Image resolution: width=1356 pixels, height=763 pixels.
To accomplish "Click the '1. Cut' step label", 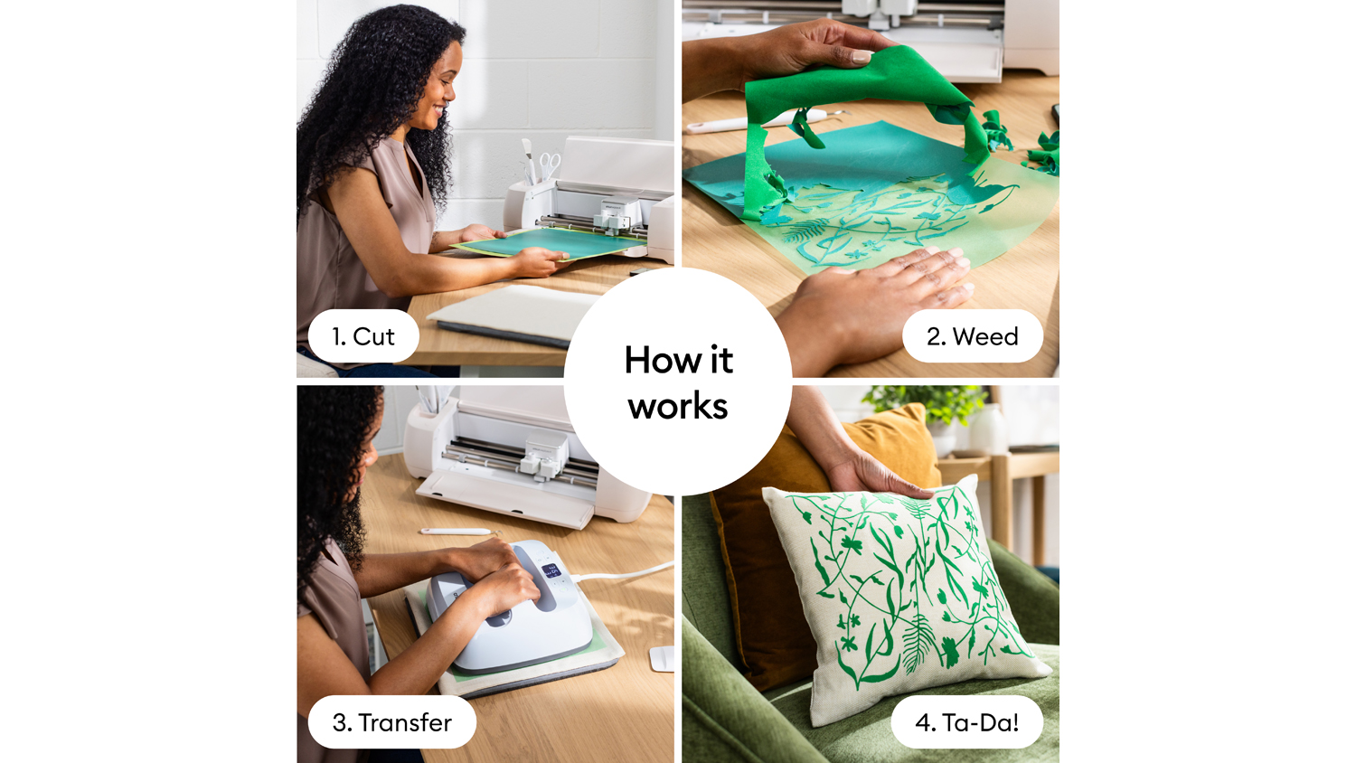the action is coord(363,336).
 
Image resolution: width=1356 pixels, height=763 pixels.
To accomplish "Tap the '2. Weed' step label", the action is coord(972,336).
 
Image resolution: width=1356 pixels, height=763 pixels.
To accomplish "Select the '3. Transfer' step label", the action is coord(391,721).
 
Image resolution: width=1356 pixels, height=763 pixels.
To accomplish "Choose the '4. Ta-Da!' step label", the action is coord(966,721).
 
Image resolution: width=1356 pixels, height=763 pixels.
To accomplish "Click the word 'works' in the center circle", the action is coord(678,406).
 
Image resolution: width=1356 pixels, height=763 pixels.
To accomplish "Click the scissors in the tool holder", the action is coord(550,165).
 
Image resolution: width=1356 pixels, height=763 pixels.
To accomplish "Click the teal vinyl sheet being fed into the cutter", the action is coord(548,243).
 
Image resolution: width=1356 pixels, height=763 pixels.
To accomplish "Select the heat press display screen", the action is coord(551,570).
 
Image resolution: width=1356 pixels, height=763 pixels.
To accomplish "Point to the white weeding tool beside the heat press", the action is coord(461,532).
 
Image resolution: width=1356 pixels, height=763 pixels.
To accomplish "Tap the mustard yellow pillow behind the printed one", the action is coord(805,545).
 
